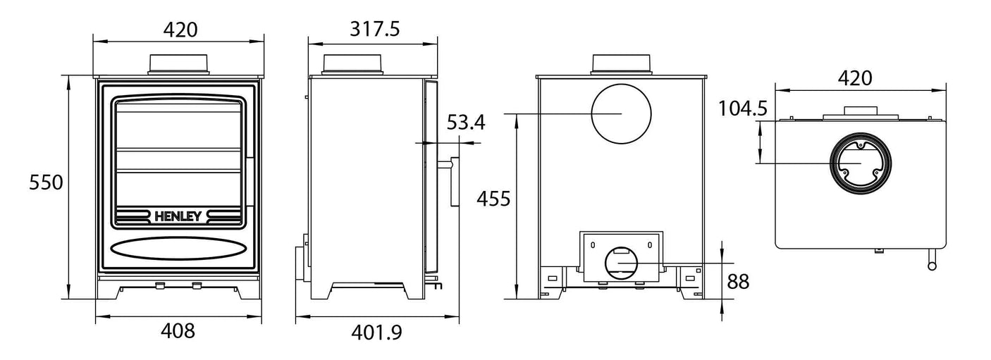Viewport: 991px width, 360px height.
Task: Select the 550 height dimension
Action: point(47,182)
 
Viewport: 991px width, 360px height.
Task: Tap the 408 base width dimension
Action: point(178,330)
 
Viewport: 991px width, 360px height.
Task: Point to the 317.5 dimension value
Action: point(374,29)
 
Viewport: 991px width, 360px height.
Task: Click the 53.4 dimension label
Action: point(466,123)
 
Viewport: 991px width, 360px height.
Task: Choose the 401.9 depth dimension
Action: point(376,331)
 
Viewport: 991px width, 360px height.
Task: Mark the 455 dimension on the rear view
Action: point(493,199)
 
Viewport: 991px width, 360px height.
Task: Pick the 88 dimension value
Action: point(737,283)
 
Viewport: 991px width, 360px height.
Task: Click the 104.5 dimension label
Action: point(741,109)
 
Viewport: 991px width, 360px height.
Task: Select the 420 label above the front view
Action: point(180,29)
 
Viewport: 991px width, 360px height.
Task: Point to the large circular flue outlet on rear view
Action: point(621,113)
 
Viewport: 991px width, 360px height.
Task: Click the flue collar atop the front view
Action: point(179,63)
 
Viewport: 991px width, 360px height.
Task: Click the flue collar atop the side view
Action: point(353,63)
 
